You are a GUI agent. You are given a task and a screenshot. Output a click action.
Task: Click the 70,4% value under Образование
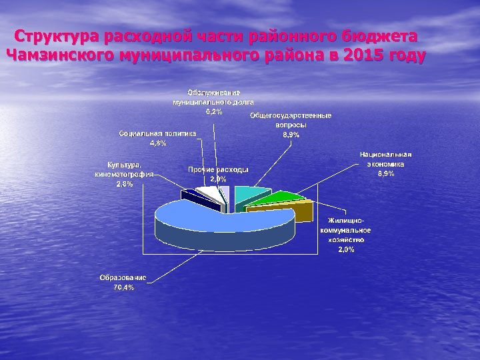coord(124,287)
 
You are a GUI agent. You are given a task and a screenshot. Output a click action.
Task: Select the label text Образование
coord(124,277)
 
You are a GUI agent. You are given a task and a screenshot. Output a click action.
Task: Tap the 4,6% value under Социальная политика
coord(158,143)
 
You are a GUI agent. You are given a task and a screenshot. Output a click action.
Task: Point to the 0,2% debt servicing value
coord(214,111)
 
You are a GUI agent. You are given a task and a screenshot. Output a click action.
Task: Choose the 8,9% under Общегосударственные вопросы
coord(291,135)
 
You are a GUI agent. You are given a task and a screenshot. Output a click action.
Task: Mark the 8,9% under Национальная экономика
coord(386,173)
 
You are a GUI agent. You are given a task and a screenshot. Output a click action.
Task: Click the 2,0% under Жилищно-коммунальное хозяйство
coord(346,249)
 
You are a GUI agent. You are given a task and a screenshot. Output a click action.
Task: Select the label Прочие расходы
coord(218,169)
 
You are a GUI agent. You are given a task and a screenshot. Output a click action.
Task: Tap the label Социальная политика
coord(158,133)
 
